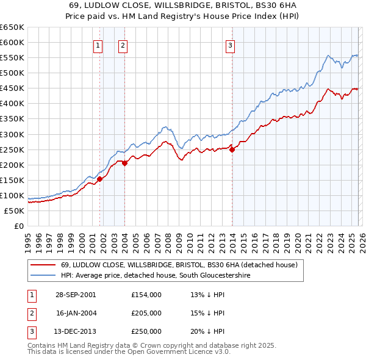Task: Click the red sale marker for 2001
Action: click(x=100, y=179)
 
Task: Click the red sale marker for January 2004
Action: click(x=124, y=163)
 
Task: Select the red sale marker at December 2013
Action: click(x=232, y=149)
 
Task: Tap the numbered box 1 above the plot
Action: click(x=99, y=45)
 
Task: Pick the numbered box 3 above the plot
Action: click(x=231, y=45)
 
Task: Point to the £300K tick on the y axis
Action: click(x=12, y=134)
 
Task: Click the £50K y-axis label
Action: click(x=14, y=211)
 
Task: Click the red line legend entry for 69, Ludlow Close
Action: click(x=179, y=265)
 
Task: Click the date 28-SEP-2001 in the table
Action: click(x=76, y=294)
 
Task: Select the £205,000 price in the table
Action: click(x=146, y=313)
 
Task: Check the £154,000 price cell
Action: click(x=146, y=294)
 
